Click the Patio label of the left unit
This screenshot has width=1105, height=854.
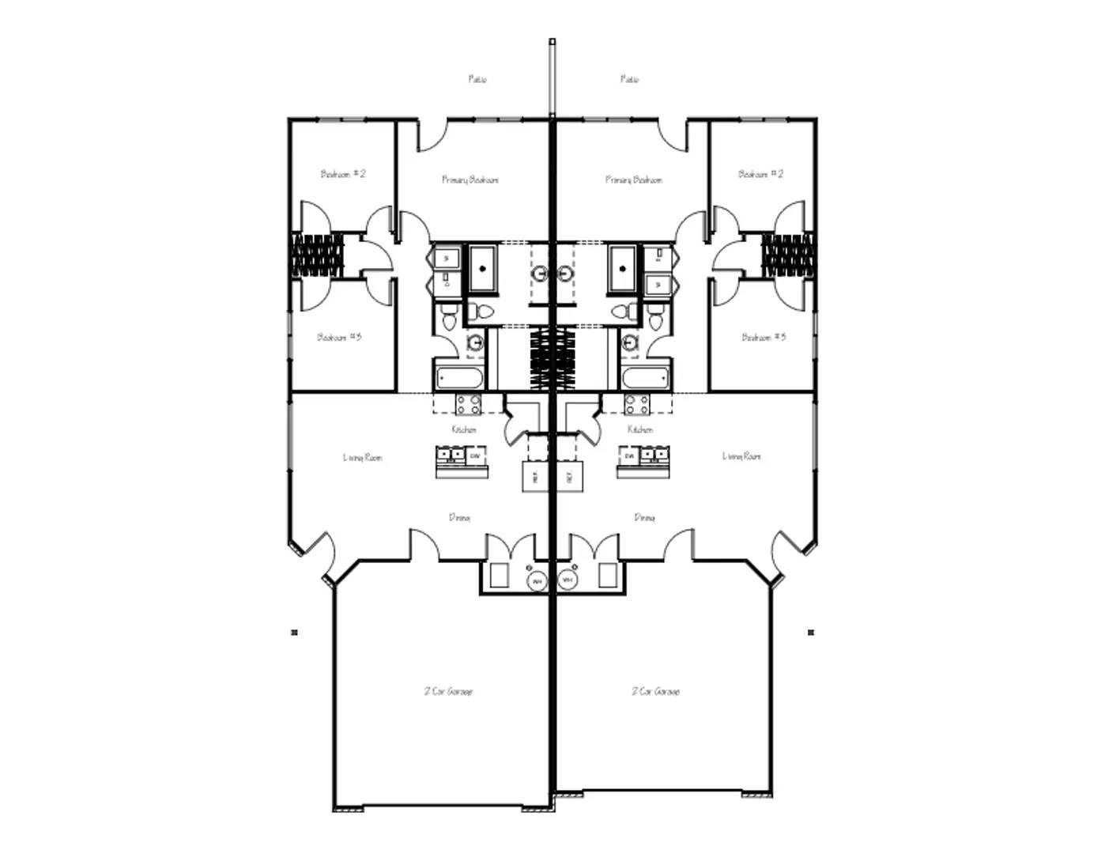[477, 79]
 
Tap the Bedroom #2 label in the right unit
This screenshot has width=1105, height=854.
[760, 174]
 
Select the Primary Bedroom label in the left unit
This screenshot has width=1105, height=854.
[470, 179]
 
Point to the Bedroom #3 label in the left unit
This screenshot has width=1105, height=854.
[339, 338]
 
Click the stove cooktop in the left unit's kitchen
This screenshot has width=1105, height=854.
[468, 405]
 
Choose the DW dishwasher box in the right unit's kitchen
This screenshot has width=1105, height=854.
[630, 456]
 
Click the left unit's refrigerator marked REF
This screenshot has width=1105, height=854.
[535, 476]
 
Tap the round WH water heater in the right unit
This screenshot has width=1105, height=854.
[567, 580]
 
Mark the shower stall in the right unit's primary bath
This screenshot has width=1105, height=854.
[623, 269]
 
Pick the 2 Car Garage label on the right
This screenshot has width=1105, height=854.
[655, 691]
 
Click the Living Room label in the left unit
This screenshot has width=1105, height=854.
[363, 457]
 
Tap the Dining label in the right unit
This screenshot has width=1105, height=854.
[644, 517]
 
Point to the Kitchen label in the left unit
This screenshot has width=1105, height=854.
[464, 429]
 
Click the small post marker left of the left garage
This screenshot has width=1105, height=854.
[295, 632]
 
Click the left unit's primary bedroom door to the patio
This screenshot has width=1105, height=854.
[432, 136]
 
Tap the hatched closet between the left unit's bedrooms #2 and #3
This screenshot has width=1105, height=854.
[318, 255]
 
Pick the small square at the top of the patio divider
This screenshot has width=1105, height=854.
[552, 41]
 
